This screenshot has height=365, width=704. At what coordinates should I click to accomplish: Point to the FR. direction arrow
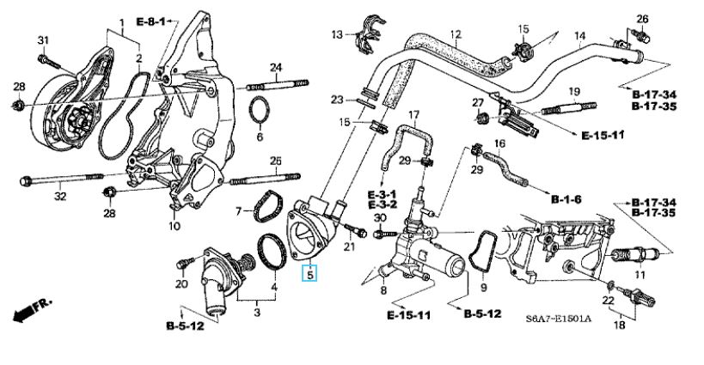[32, 310]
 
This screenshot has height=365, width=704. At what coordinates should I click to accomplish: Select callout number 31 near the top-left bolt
[44, 40]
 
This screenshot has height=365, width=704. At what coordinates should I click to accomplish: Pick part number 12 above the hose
[455, 34]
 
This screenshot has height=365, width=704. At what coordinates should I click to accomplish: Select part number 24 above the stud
[276, 67]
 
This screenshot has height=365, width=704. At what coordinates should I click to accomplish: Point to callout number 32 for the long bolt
[59, 197]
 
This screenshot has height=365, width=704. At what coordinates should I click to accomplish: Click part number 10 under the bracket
[174, 227]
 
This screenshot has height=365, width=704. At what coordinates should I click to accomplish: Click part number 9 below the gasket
[482, 288]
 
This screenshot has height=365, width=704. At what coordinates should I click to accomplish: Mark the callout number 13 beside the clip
[338, 34]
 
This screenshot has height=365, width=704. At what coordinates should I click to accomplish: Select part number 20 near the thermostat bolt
[181, 284]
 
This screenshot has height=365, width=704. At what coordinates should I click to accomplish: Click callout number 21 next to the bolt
[349, 247]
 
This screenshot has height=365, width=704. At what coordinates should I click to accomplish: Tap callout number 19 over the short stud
[575, 91]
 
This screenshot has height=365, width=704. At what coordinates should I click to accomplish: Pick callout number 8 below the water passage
[383, 291]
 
